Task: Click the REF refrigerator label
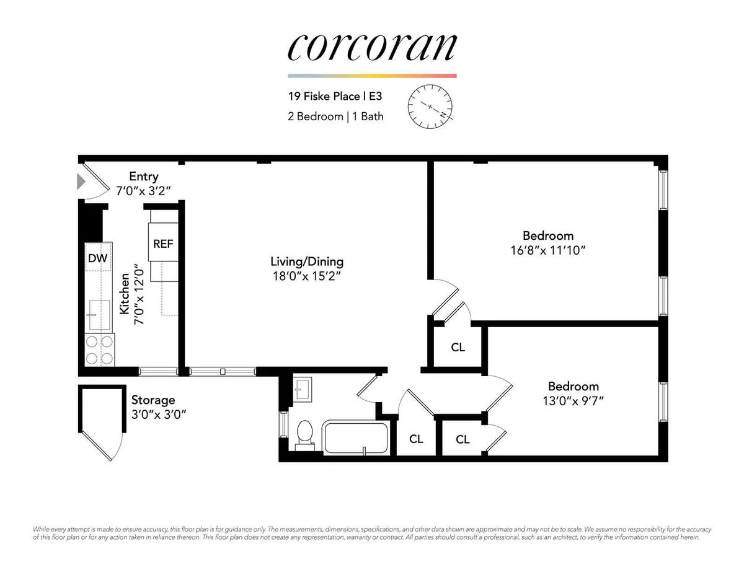(x=163, y=244)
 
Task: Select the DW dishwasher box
(x=97, y=258)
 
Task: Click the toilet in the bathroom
(x=304, y=432)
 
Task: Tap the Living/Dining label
(x=307, y=261)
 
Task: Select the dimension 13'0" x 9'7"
(x=573, y=401)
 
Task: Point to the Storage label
(x=153, y=400)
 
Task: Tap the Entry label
(x=143, y=177)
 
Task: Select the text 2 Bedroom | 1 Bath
(x=335, y=116)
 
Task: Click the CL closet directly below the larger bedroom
(x=458, y=348)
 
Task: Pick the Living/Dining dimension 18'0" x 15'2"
(x=307, y=276)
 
